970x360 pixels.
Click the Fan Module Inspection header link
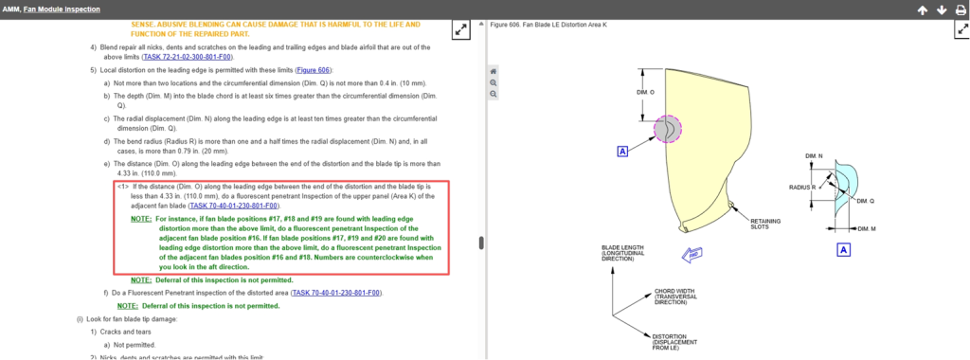[62, 9]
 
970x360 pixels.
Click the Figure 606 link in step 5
[314, 70]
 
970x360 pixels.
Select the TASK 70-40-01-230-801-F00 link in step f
[336, 293]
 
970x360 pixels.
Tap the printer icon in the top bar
[961, 9]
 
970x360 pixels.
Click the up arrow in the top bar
[922, 9]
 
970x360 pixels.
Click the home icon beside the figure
[493, 71]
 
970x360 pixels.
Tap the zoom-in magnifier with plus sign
[493, 82]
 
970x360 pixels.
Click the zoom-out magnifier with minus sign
[493, 94]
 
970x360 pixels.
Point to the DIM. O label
[645, 92]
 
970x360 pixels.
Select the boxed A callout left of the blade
[622, 151]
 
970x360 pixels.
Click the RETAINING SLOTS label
[765, 224]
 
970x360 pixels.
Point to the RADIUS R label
[801, 187]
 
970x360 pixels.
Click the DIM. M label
[867, 229]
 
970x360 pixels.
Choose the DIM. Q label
[866, 201]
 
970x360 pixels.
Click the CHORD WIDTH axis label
[675, 297]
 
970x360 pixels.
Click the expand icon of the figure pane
[962, 29]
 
